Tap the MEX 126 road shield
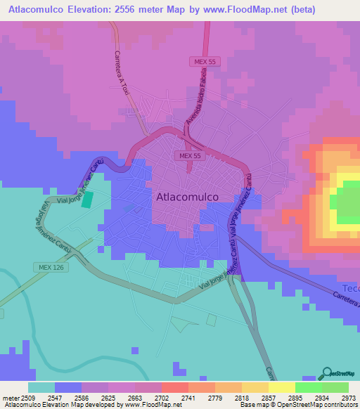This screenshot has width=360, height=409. click(44, 267)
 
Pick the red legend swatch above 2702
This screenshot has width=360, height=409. click(174, 387)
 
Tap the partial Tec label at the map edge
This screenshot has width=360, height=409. click(351, 289)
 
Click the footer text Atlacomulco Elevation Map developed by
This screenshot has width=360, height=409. click(60, 405)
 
